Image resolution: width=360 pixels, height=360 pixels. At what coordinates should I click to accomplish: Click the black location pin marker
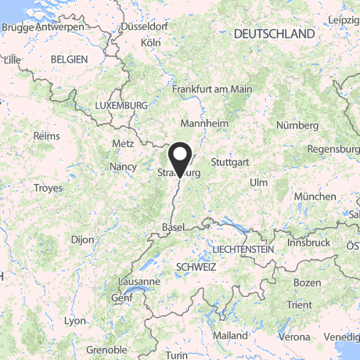[x=181, y=157]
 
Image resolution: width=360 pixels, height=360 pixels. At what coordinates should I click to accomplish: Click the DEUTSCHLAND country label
[x=274, y=34]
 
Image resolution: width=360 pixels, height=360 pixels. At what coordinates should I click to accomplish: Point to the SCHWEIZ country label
[x=196, y=266]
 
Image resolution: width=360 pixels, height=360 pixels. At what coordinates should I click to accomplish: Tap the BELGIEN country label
[x=68, y=59]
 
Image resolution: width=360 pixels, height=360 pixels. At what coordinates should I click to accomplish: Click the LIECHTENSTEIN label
[x=243, y=249]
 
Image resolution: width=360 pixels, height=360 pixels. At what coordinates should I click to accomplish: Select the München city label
[x=314, y=196]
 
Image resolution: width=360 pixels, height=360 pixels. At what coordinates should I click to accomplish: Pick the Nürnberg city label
[x=298, y=124]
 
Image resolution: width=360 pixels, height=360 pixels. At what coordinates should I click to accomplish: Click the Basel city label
[x=172, y=226]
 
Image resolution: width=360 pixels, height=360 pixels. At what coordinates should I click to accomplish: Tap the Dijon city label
[x=81, y=239]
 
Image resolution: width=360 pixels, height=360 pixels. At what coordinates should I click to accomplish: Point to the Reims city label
[x=46, y=135]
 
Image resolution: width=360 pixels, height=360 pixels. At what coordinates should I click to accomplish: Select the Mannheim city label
[x=203, y=124]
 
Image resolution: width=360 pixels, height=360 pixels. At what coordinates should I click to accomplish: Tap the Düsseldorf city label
[x=145, y=26]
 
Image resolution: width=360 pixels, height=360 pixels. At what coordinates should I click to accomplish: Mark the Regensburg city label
[x=333, y=149]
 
